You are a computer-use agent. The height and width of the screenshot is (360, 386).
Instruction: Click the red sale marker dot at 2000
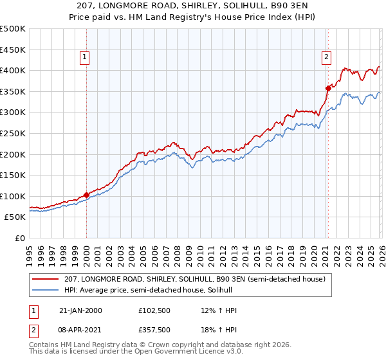86,195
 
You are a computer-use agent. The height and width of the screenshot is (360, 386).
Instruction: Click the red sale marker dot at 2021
328,88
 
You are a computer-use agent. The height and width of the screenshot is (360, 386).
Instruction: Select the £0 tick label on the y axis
19,238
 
